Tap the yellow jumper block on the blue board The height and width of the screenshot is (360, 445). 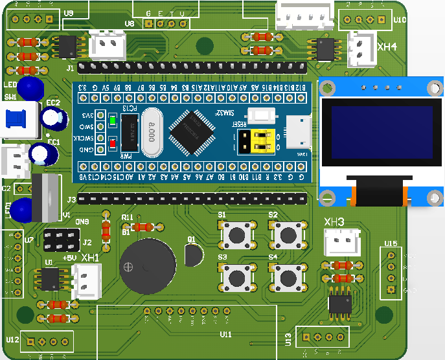click(x=254, y=142)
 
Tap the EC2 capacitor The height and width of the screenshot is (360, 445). click(x=53, y=118)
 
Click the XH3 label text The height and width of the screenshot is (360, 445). click(x=334, y=223)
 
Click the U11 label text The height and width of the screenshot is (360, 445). click(x=225, y=334)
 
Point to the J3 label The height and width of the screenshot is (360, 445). click(x=71, y=199)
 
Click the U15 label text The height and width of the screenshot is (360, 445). click(x=391, y=243)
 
